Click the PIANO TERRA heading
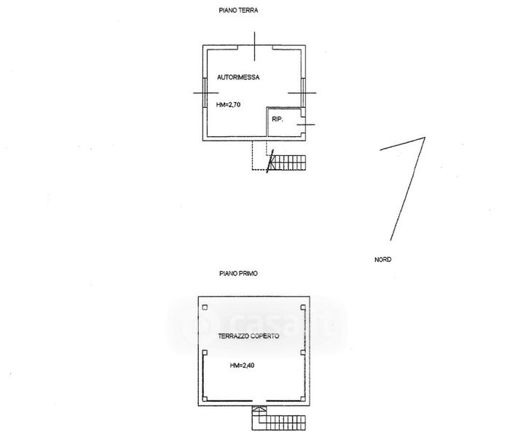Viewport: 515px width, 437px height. (238, 10)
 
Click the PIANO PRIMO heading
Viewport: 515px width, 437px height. (238, 274)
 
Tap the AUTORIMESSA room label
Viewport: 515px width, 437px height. (238, 77)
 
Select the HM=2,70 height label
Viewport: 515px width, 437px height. (228, 105)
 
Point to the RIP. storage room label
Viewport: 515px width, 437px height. (278, 119)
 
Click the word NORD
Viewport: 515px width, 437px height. (383, 260)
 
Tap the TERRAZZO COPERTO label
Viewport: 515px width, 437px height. (248, 336)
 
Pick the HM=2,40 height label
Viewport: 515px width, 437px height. (242, 366)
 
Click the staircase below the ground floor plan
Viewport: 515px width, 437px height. (287, 162)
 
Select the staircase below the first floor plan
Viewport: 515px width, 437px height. (279, 418)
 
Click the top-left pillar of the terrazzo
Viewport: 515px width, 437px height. (205, 307)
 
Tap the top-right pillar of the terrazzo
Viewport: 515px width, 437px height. (303, 307)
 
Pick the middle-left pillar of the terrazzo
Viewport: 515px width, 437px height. (205, 353)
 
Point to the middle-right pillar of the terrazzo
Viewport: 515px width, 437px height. (303, 353)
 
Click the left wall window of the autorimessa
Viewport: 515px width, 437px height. (205, 92)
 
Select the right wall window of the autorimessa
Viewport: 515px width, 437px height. (304, 92)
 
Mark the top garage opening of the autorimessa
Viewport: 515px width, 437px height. (255, 47)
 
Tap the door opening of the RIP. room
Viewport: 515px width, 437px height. (304, 125)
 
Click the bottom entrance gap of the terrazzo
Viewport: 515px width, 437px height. (259, 401)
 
